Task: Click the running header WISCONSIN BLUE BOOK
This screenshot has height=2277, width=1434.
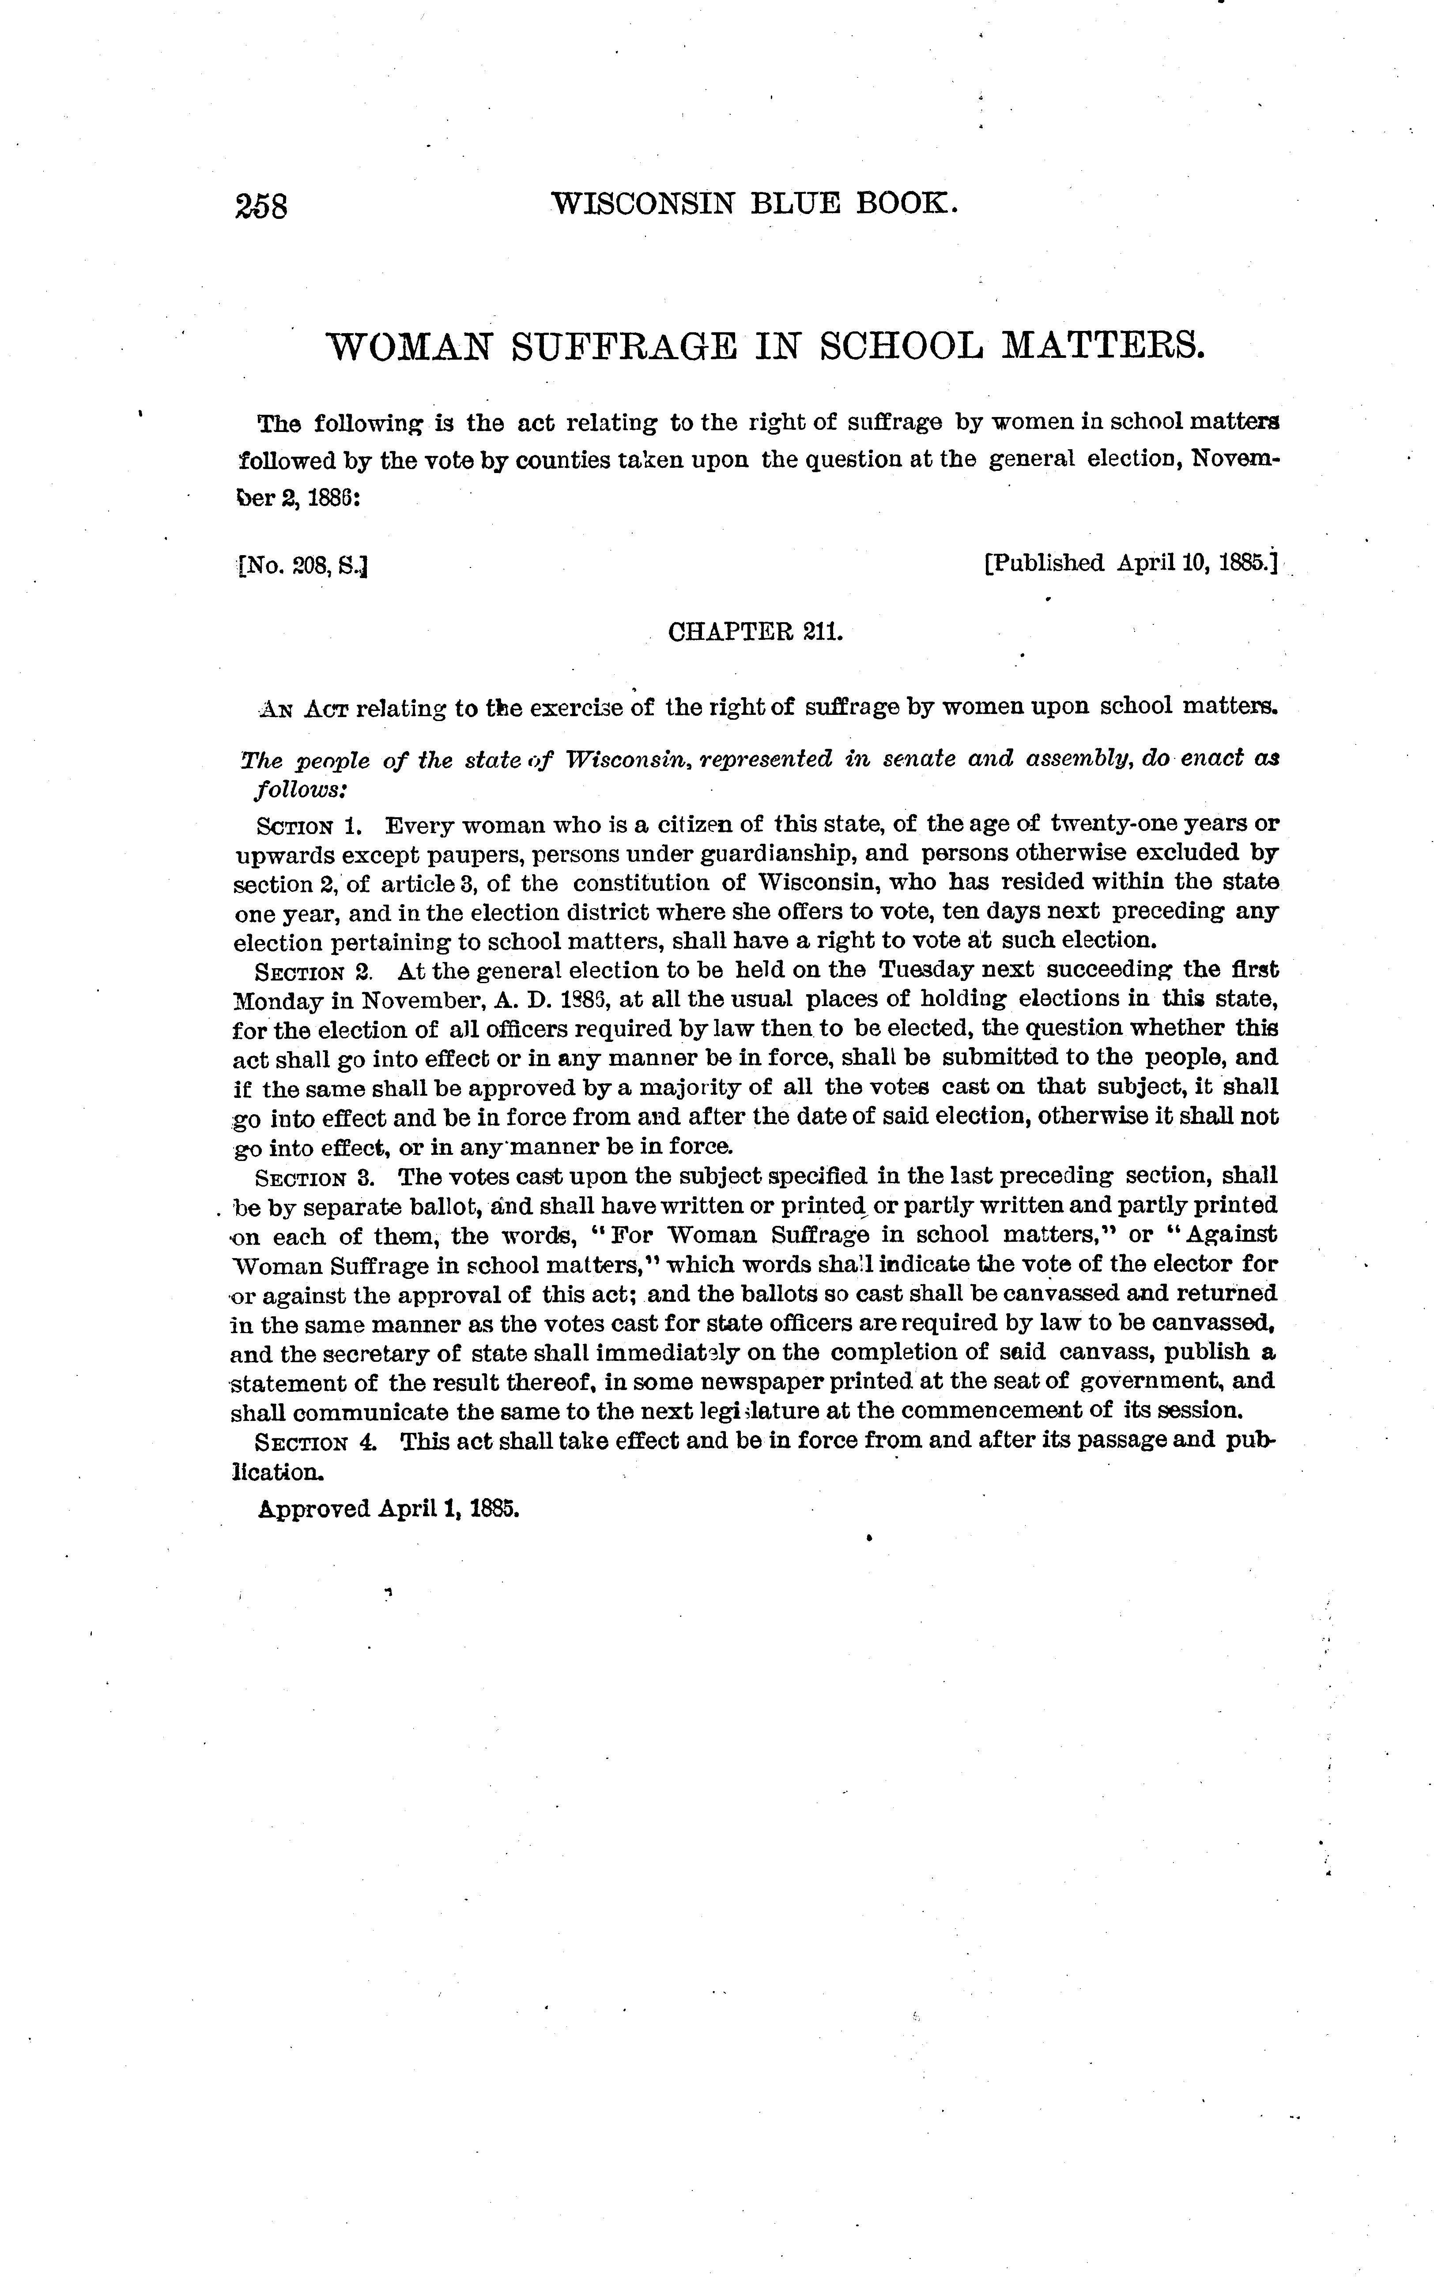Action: coord(754,203)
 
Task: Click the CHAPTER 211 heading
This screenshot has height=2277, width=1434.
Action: coord(755,631)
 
